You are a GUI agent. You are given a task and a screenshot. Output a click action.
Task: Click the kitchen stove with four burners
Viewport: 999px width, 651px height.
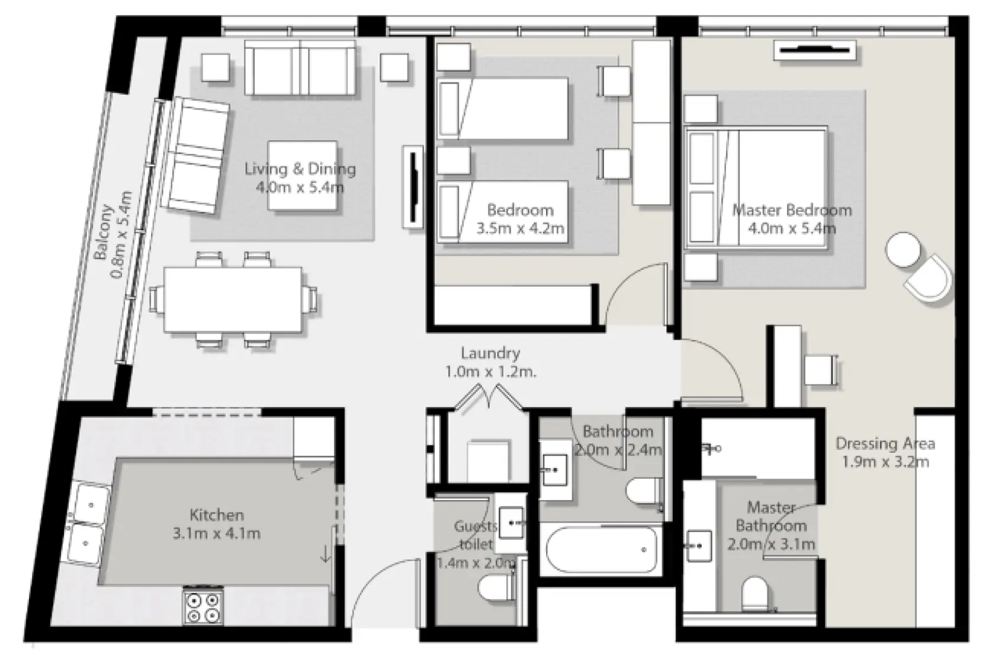click(203, 606)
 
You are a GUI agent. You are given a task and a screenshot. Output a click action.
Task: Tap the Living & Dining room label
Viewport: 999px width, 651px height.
click(300, 169)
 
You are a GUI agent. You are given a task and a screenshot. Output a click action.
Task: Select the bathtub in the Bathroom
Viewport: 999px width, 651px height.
click(602, 550)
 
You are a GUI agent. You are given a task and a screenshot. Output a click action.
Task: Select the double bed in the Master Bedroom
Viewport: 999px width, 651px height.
click(756, 187)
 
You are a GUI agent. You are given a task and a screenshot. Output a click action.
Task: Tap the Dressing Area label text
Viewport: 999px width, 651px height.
click(885, 443)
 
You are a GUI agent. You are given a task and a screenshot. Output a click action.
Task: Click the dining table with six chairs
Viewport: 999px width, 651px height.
click(233, 299)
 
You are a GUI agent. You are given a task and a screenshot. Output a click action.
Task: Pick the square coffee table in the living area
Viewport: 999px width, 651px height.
click(303, 175)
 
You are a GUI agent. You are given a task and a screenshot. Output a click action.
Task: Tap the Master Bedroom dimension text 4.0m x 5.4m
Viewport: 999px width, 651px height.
click(792, 228)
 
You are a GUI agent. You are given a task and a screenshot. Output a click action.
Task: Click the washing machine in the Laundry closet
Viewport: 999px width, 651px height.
click(489, 460)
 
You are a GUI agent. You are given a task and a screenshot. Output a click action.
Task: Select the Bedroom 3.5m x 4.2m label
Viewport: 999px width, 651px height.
click(520, 219)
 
